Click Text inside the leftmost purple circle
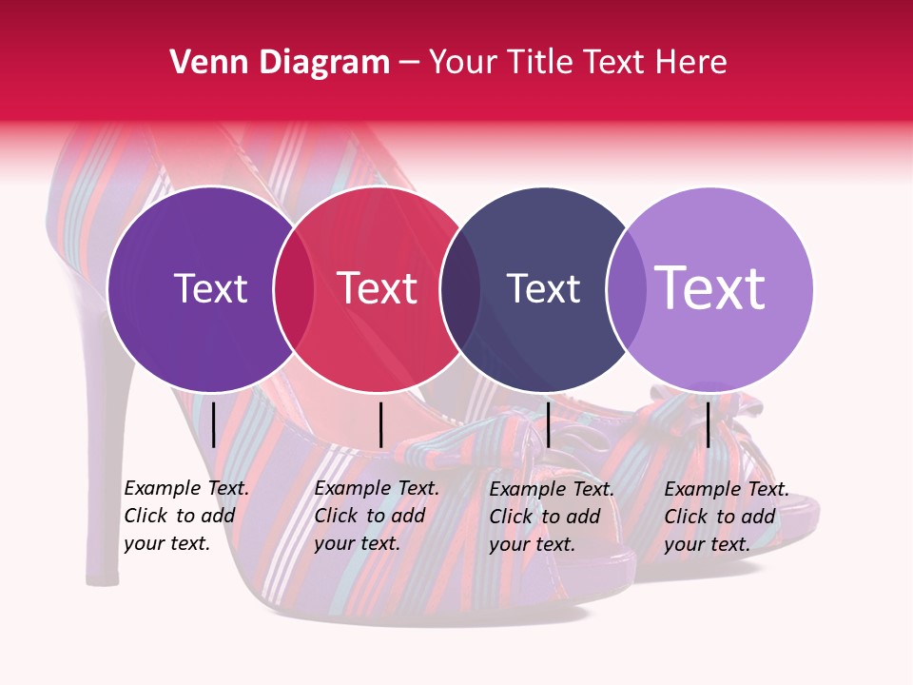[x=210, y=288]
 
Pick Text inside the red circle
[x=378, y=288]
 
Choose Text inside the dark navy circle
[x=543, y=288]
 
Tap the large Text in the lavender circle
[x=710, y=287]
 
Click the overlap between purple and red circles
[x=294, y=288]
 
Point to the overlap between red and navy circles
[x=460, y=288]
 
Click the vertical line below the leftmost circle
[x=213, y=424]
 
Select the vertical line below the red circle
[x=380, y=424]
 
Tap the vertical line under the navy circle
[x=548, y=424]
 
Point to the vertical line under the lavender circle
[x=708, y=424]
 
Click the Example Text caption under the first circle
[x=185, y=516]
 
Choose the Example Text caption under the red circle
[x=376, y=516]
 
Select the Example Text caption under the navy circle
[x=551, y=517]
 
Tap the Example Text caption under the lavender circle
[x=726, y=517]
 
